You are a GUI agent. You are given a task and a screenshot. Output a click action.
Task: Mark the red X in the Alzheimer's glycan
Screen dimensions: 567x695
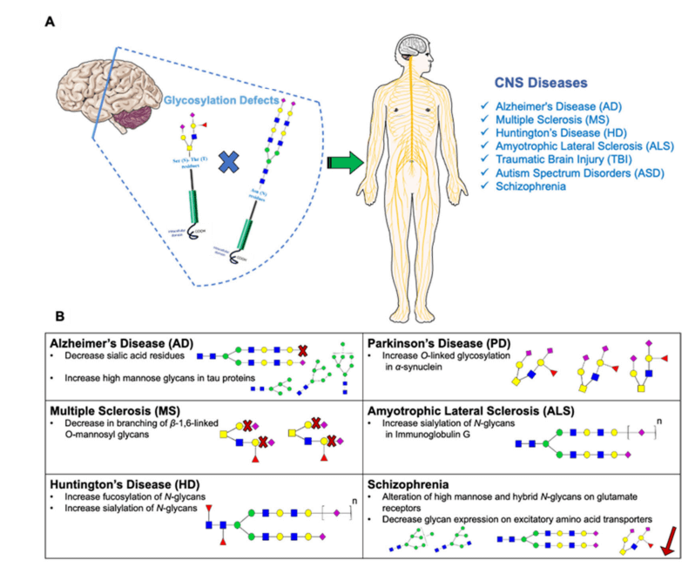click(302, 352)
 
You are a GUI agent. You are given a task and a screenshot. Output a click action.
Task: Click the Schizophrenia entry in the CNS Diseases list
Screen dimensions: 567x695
click(523, 187)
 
